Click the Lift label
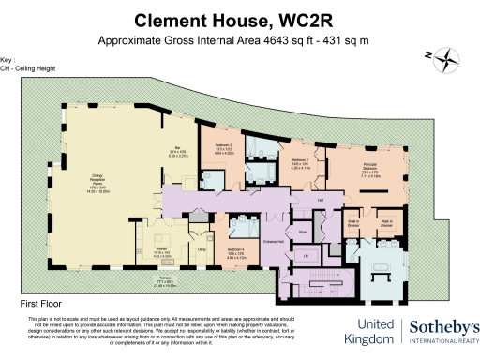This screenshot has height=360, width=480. pyautogui.click(x=304, y=254)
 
